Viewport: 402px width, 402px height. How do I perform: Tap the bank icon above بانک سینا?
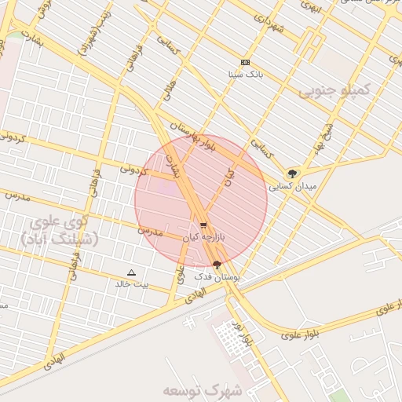245,62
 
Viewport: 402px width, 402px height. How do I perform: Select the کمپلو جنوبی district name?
331,92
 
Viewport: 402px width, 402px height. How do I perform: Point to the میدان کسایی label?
292,187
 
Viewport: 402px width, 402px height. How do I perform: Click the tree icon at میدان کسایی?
293,173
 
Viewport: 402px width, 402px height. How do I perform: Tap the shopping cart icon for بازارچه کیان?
203,225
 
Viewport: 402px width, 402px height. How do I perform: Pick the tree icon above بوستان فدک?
217,265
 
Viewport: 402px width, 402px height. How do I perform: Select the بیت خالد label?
130,284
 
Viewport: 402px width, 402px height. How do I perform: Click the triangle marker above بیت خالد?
131,272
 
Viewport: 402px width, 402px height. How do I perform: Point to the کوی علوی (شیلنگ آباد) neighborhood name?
58,230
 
